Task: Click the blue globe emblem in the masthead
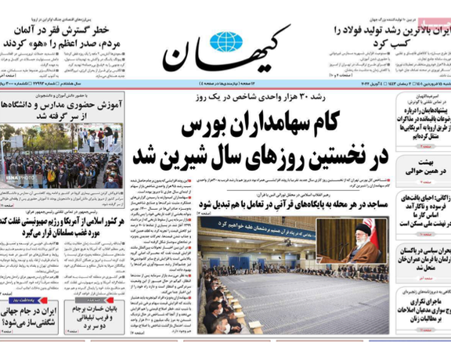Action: coord(226,41)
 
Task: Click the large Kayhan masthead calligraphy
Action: coord(227,51)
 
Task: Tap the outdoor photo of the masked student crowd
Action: coord(62,158)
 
